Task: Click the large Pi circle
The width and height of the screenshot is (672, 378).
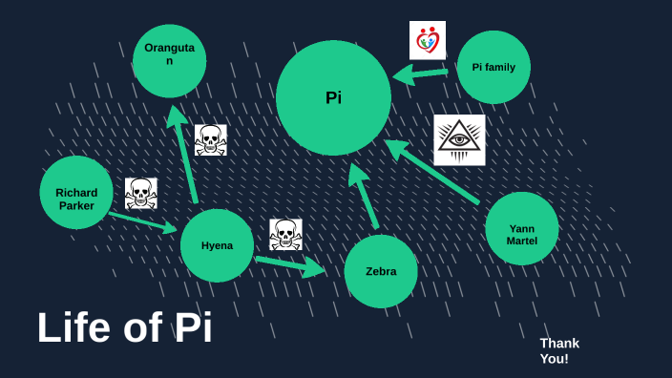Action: click(x=333, y=97)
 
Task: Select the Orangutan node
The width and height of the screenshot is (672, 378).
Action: click(x=170, y=60)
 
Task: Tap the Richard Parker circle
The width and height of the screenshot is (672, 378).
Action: click(x=76, y=193)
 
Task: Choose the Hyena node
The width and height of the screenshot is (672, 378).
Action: click(x=217, y=245)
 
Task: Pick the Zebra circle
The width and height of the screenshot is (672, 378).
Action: click(x=381, y=271)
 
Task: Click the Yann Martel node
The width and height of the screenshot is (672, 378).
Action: click(x=521, y=228)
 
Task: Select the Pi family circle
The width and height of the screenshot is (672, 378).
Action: click(x=493, y=67)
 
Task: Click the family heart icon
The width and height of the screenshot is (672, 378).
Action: click(x=428, y=41)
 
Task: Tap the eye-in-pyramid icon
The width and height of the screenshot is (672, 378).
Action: click(x=459, y=140)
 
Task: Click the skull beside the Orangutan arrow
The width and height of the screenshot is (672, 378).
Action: click(x=210, y=140)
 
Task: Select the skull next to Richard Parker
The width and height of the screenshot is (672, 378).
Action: click(x=141, y=193)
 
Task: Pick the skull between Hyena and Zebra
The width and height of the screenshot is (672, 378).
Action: click(x=285, y=235)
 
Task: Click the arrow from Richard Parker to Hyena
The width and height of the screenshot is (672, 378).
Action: click(x=143, y=222)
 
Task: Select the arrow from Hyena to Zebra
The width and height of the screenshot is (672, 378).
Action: click(x=289, y=263)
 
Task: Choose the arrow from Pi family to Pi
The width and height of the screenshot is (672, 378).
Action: click(x=420, y=73)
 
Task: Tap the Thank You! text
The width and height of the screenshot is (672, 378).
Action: click(x=559, y=350)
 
